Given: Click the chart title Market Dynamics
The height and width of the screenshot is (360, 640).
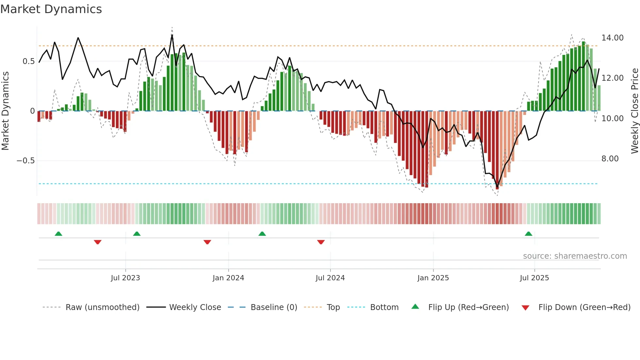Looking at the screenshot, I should point(51,9).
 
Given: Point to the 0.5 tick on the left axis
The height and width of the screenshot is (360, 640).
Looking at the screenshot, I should point(28,61).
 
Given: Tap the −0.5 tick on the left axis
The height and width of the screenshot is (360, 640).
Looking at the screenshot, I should point(25,161).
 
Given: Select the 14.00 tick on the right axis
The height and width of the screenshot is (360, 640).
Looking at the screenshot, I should point(612,38).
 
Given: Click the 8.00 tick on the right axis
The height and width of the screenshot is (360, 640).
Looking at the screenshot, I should point(610,159).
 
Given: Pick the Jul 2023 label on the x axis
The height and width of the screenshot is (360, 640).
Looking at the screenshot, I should point(125,278).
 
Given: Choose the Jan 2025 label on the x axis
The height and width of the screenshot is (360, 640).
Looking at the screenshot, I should point(433,278).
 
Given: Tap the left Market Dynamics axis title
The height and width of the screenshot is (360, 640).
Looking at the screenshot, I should point(6,111).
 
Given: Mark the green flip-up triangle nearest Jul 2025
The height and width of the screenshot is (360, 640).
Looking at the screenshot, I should point(528,234).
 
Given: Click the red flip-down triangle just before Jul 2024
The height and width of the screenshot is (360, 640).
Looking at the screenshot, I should point(321,242).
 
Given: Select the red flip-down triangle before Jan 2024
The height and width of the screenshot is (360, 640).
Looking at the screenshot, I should point(207,242).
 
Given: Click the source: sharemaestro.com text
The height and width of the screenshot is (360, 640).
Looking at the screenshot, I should point(575,256).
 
